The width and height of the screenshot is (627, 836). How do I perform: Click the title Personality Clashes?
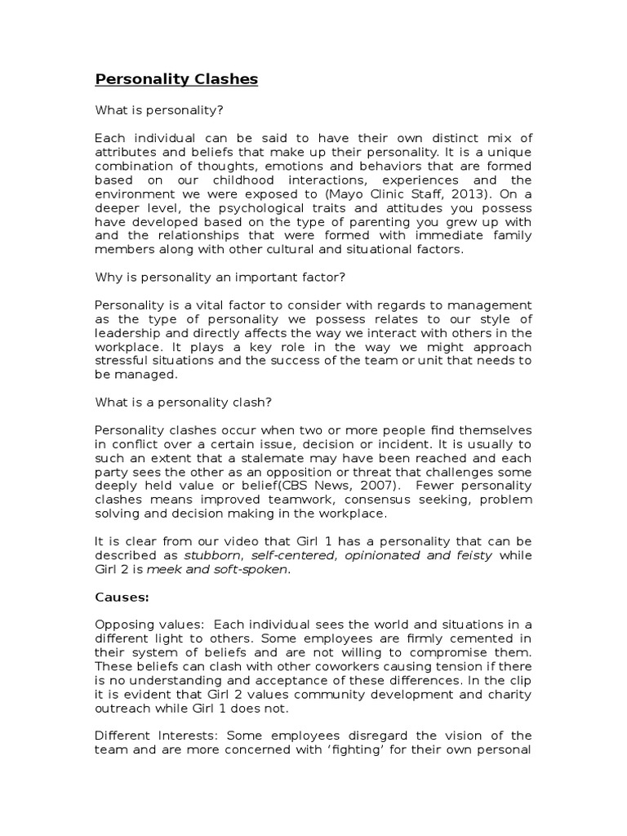[x=176, y=79]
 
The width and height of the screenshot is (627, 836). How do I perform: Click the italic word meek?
[x=162, y=570]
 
